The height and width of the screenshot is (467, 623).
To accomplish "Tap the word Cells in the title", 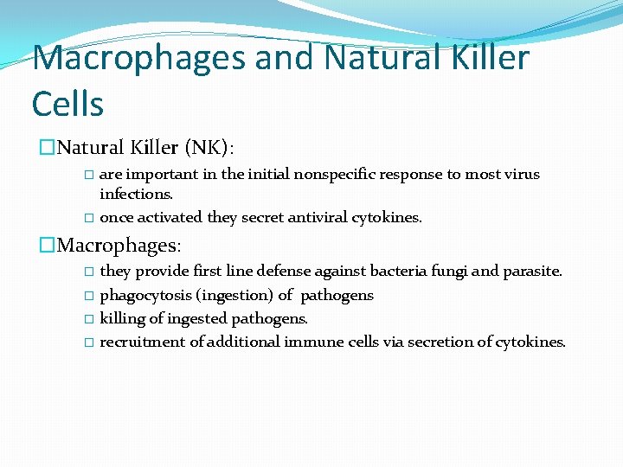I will (67, 104).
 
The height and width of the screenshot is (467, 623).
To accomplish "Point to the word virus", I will (521, 175).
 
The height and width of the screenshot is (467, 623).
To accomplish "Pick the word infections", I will (137, 194).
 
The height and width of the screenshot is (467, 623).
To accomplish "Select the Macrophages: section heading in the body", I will (119, 246).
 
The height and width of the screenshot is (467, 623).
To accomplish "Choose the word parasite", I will (532, 272).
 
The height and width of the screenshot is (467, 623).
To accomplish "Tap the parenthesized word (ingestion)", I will (235, 296).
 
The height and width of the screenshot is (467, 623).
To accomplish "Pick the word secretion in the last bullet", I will (440, 342).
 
